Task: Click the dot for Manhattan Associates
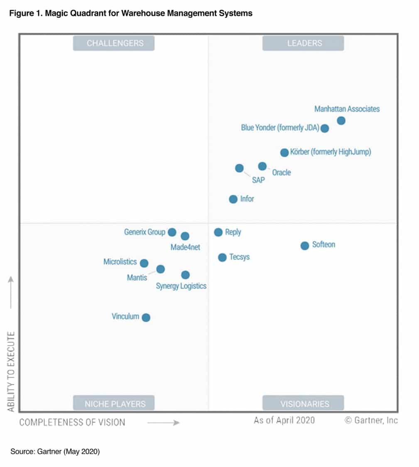(341, 121)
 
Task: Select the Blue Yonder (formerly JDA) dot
(325, 128)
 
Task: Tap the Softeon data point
(305, 245)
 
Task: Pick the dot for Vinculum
(146, 318)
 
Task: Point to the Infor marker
(233, 199)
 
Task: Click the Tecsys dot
(223, 257)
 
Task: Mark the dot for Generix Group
(172, 232)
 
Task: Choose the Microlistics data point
(144, 263)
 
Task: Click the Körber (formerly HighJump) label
(331, 152)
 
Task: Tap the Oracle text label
(282, 172)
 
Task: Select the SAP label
(258, 181)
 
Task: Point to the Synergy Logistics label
(181, 286)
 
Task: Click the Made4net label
(185, 247)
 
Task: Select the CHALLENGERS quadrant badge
(114, 43)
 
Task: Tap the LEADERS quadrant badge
(303, 43)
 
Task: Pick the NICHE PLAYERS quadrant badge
(114, 403)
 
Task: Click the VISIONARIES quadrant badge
(303, 403)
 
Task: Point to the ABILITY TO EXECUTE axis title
(11, 372)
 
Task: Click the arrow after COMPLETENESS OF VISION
(164, 423)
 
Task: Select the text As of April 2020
(284, 420)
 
